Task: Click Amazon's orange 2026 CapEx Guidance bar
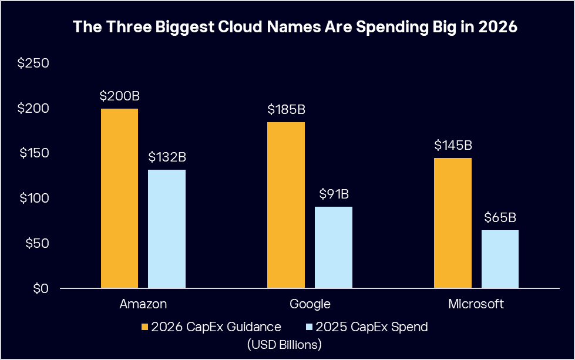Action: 119,198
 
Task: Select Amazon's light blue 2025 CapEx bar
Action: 167,229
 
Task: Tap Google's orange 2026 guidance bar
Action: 286,205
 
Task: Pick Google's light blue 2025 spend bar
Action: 334,247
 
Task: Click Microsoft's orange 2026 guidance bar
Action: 453,223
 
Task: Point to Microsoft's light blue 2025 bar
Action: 500,259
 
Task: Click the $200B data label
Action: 119,96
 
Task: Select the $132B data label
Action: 167,157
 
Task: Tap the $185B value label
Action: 286,110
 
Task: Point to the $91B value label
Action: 334,194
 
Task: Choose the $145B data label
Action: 453,146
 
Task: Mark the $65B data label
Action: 500,218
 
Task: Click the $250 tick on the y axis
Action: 33,63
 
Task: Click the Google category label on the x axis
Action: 310,304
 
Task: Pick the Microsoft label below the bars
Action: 476,304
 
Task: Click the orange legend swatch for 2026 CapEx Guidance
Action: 145,327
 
